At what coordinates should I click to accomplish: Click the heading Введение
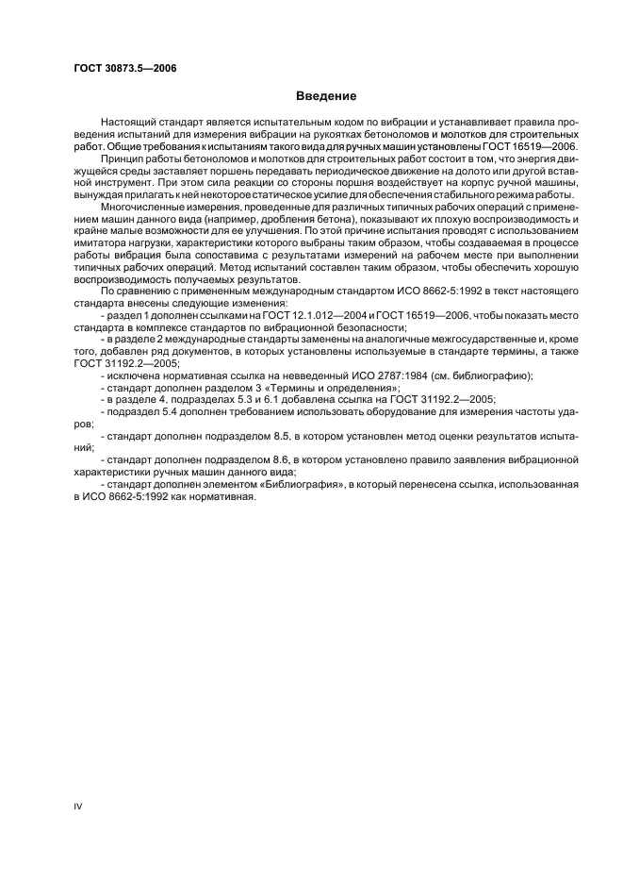click(x=325, y=95)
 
